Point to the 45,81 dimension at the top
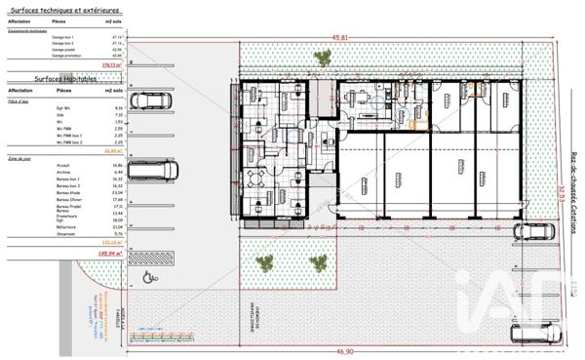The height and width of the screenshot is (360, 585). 339,38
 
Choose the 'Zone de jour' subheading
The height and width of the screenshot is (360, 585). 20,157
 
